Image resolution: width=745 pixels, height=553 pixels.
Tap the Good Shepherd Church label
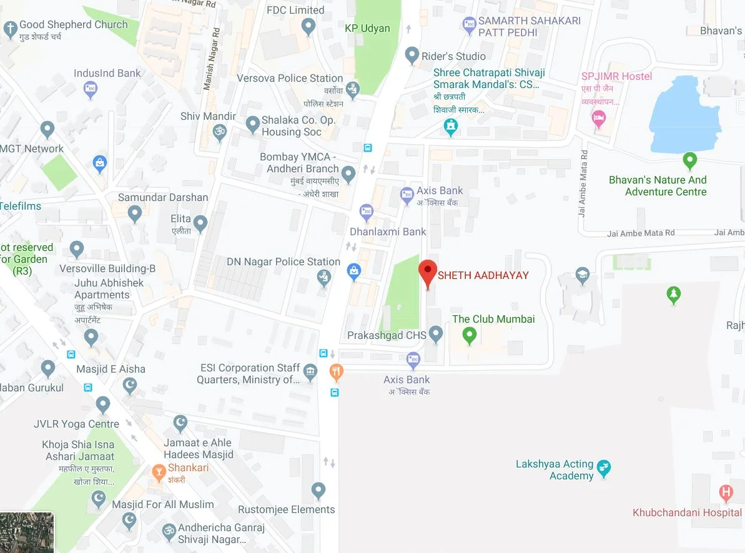click(73, 25)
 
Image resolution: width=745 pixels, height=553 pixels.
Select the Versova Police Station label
click(290, 78)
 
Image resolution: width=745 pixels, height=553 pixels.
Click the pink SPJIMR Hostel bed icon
click(599, 118)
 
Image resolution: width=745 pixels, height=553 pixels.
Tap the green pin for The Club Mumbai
click(470, 336)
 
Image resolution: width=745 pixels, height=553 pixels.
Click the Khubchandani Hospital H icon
click(726, 492)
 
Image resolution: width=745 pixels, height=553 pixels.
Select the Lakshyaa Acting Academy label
click(554, 470)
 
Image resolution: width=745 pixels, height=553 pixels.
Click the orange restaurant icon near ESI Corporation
click(336, 373)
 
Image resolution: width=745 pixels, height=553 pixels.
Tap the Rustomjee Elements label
click(287, 509)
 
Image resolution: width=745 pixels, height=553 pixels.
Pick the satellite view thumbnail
click(27, 532)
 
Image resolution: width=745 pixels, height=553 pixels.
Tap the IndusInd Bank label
click(107, 73)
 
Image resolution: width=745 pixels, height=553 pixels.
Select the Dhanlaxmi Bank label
click(388, 232)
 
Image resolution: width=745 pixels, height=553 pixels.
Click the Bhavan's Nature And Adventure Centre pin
click(689, 160)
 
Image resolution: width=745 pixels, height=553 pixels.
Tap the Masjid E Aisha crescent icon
click(129, 385)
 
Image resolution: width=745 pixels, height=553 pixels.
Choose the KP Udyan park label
click(367, 28)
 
